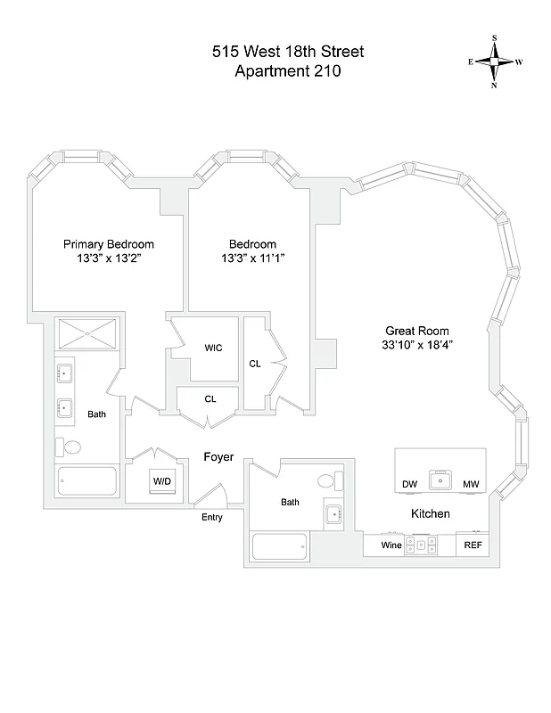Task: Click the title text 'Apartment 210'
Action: (275, 72)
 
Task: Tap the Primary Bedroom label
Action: (108, 244)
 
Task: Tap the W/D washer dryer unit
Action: (161, 481)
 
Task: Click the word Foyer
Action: (218, 457)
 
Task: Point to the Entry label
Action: (212, 517)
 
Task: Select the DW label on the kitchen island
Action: (409, 484)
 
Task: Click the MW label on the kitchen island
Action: (470, 484)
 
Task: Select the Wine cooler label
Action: (391, 545)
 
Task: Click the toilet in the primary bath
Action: (71, 447)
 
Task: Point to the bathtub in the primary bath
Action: (86, 483)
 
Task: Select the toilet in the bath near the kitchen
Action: (327, 482)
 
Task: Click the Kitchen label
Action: (430, 514)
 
